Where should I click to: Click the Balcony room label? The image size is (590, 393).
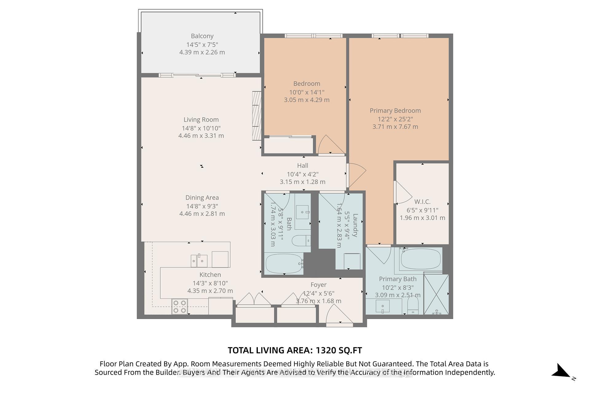coord(202,36)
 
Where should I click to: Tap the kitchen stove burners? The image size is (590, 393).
coord(180,306)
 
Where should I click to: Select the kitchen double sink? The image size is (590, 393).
coord(199,261)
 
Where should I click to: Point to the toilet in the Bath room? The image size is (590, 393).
coord(301,240)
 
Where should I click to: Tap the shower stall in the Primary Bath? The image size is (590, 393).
coord(436,294)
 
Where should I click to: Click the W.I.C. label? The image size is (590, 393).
coord(422,202)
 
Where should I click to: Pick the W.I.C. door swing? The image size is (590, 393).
coord(403,193)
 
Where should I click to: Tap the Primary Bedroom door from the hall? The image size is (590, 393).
coord(356,175)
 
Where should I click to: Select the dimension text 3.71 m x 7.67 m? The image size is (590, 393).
coord(395,126)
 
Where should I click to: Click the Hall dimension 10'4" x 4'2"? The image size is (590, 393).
coord(302,174)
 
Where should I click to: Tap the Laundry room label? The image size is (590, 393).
coord(355,225)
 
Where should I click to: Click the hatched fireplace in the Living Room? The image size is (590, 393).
coord(257,116)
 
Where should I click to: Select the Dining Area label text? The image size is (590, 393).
coord(202,198)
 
